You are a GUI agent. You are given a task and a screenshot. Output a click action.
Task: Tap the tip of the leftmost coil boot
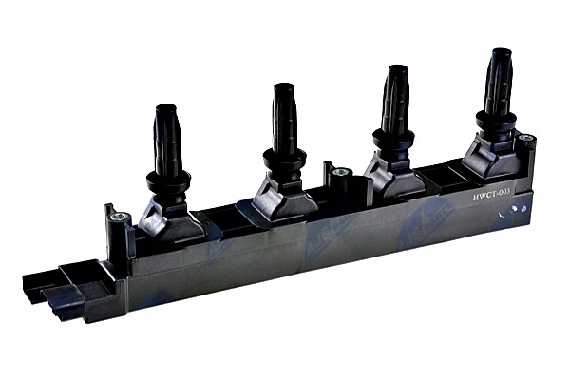(x=165, y=108)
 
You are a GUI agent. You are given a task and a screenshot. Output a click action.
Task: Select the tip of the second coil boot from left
(x=282, y=88)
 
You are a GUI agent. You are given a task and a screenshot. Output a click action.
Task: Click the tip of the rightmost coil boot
(x=500, y=53)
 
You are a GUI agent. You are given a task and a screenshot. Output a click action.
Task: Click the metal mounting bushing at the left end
(x=118, y=218)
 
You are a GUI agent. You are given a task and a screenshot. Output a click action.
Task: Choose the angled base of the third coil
(x=391, y=176)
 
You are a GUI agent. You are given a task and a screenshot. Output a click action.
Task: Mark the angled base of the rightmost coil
(x=489, y=157)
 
